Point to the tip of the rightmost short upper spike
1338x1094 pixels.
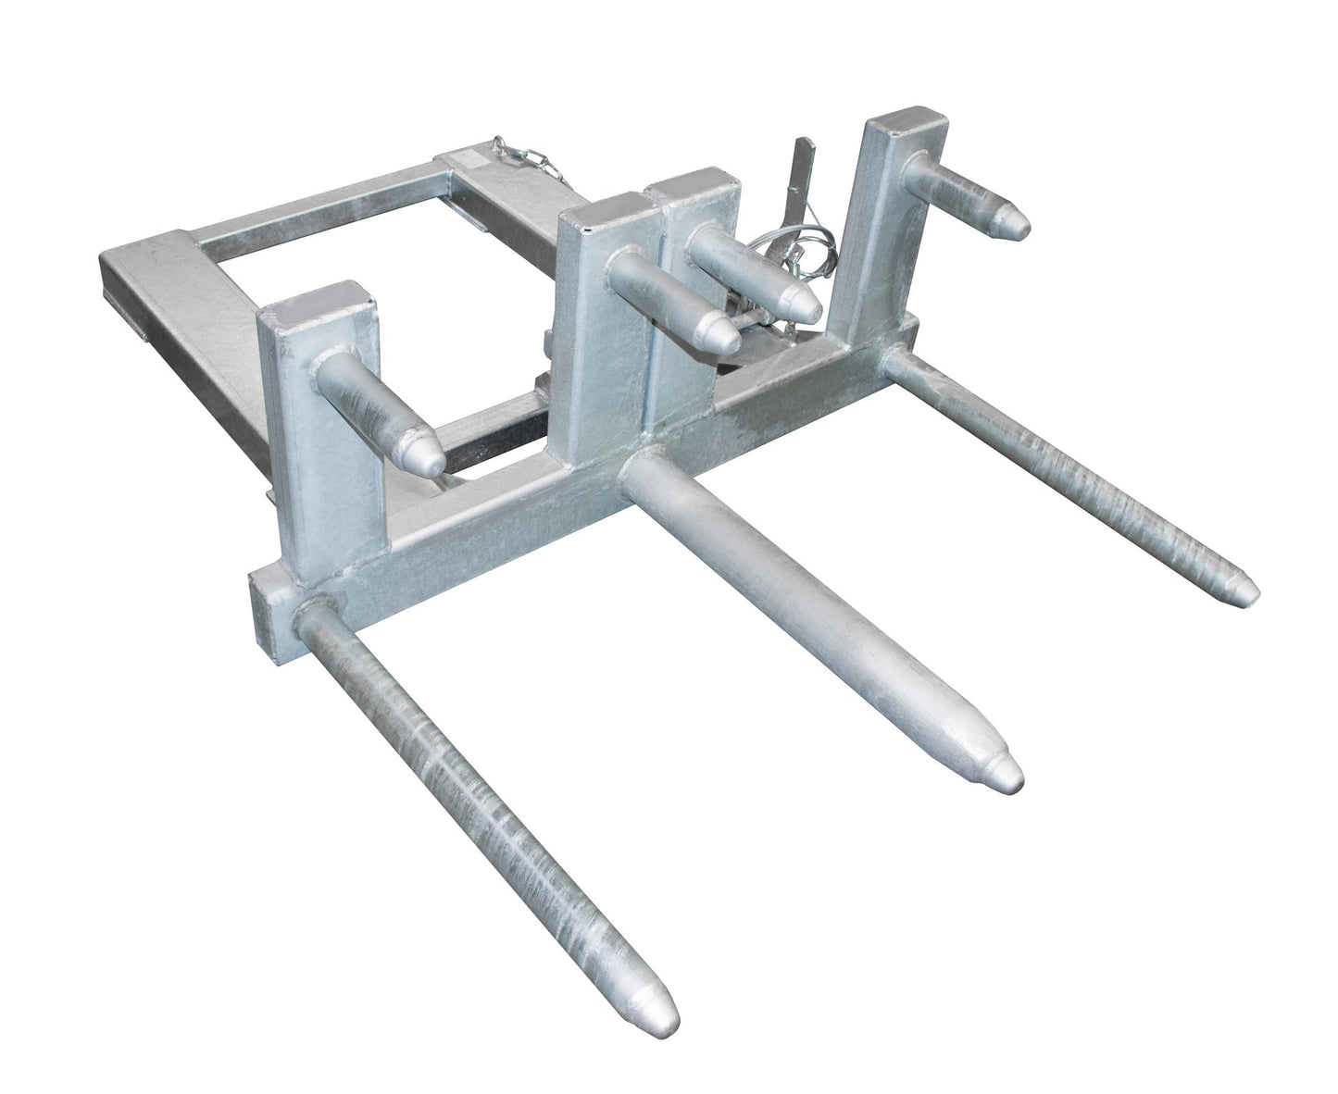coord(1017,221)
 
